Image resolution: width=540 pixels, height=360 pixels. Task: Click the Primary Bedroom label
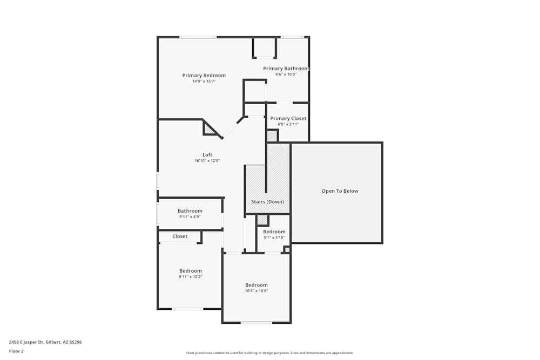point(204,76)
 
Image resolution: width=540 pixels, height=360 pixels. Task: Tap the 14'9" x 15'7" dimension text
point(204,81)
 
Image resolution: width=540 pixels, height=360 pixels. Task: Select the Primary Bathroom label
point(286,69)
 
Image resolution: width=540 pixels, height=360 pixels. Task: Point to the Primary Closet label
point(288,118)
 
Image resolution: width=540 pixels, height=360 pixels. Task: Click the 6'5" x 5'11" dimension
point(288,124)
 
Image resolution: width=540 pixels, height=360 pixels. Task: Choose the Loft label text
point(207,155)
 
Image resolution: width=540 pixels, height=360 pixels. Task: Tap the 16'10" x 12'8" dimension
point(207,161)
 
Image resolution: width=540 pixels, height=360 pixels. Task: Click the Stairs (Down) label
point(268,202)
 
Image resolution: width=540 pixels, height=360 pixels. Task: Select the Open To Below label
point(340,191)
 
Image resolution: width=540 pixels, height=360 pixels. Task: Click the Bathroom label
point(190,211)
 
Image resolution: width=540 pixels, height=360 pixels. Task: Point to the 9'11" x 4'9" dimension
point(190,217)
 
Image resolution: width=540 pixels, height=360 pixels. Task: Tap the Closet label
point(180,236)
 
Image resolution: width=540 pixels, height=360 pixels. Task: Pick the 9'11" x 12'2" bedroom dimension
point(190,277)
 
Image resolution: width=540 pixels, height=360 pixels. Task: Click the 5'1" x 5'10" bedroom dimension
point(274,237)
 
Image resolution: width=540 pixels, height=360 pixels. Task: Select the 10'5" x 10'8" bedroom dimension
point(256,291)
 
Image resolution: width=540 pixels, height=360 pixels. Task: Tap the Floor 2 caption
point(16,351)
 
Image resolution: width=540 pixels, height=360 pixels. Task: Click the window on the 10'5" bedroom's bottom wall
point(256,323)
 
